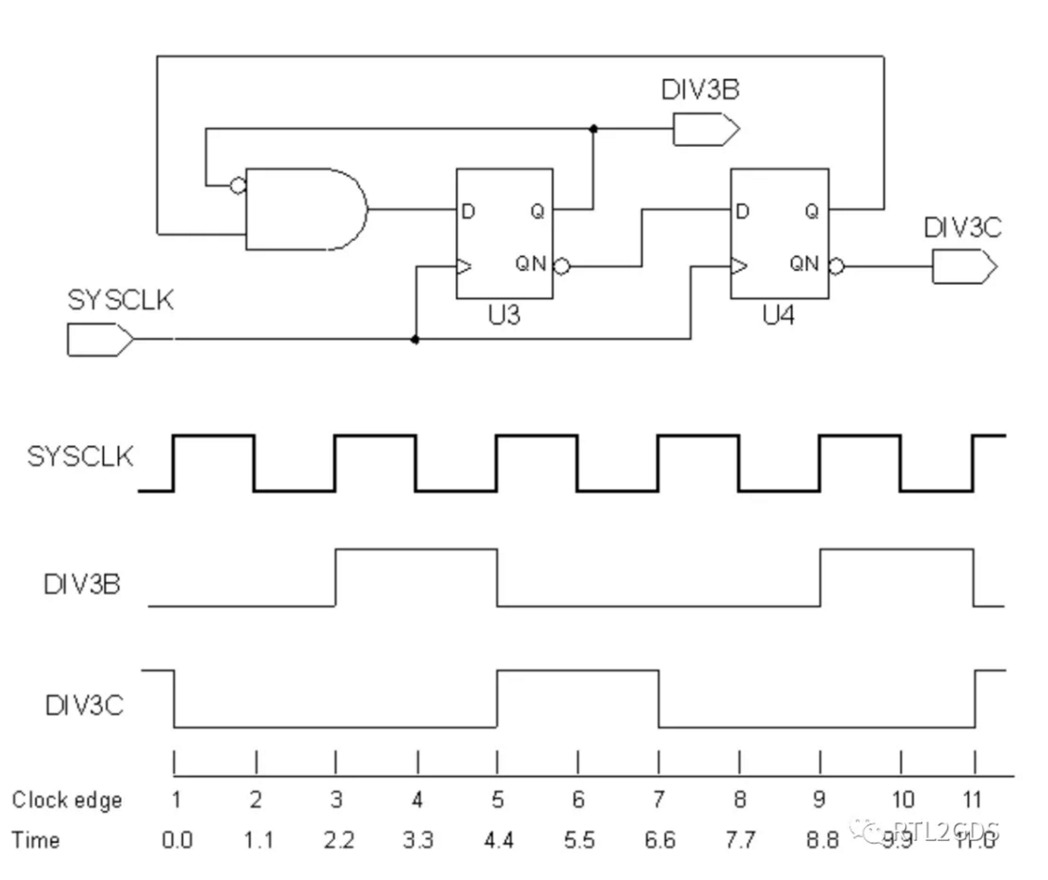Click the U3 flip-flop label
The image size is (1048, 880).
[x=504, y=315]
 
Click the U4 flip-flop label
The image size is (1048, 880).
[x=779, y=315]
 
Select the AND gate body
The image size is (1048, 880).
[x=303, y=209]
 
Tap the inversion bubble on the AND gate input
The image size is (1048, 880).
[x=238, y=184]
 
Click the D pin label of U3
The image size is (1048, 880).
[x=468, y=211]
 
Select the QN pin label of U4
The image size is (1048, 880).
[x=804, y=264]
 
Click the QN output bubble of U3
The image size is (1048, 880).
[x=561, y=266]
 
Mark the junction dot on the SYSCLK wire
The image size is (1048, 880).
[x=415, y=340]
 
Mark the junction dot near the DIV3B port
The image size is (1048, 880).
[x=594, y=130]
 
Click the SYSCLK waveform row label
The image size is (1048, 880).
[x=80, y=456]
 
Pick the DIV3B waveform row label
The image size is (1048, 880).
[x=82, y=584]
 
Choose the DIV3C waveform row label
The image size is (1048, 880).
[x=83, y=706]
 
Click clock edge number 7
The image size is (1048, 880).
[x=659, y=800]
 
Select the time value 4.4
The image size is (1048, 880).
[x=498, y=841]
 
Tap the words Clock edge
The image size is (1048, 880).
[x=67, y=800]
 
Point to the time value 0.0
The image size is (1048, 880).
[x=177, y=841]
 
